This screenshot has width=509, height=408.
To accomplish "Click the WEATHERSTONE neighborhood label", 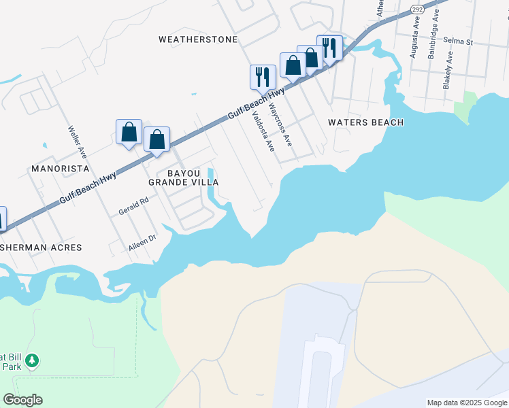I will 198,39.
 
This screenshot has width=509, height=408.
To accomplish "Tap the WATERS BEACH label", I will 365,122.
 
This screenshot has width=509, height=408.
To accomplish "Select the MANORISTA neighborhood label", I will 61,167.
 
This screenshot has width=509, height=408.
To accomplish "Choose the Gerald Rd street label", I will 133,206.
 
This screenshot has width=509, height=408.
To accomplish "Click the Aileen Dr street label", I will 143,243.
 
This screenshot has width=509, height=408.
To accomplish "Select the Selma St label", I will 458,41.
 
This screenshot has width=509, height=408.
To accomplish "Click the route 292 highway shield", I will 417,9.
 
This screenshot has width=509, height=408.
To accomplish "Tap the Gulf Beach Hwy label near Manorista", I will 88,188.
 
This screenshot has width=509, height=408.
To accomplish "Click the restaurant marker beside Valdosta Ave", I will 263,77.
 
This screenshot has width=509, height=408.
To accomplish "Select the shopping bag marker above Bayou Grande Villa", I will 157,140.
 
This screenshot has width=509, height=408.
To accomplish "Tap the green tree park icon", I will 32,361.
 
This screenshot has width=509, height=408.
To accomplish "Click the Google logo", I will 22,399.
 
